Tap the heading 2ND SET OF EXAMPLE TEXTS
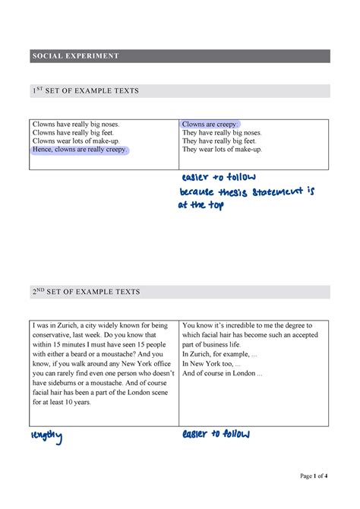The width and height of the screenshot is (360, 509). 86,292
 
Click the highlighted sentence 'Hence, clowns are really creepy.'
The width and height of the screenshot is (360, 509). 80,150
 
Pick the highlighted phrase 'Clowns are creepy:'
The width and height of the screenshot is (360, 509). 210,124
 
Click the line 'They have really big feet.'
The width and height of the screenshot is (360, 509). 219,141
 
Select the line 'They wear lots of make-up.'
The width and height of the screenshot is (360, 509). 222,150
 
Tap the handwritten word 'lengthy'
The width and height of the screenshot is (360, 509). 46,436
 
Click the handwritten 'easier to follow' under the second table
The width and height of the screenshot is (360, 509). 216,435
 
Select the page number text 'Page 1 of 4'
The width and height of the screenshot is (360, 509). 314,476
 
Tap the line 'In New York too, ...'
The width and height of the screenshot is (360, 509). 212,363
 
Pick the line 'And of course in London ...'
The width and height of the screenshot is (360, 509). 223,373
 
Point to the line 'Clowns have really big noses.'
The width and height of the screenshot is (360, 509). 75,123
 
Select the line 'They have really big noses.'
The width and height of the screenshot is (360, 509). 222,132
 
